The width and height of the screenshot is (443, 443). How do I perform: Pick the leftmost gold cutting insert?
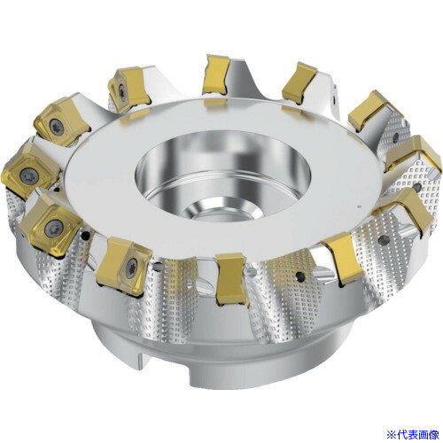pyautogui.click(x=29, y=170)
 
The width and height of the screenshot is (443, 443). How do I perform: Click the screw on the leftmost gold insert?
pyautogui.click(x=26, y=175)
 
